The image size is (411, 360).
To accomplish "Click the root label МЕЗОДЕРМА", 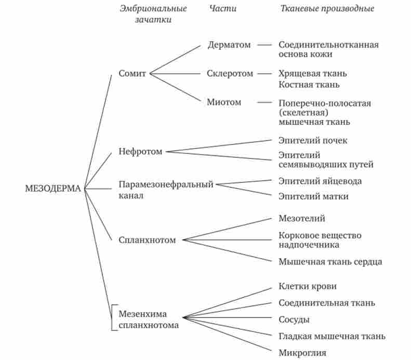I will pyautogui.click(x=53, y=189).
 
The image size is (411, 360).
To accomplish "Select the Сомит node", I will pyautogui.click(x=132, y=73).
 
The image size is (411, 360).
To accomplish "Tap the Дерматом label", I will pyautogui.click(x=229, y=45).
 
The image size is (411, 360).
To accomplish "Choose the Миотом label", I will pyautogui.click(x=224, y=102).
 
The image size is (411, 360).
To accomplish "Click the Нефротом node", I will pyautogui.click(x=140, y=152).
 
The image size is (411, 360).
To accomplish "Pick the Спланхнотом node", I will pyautogui.click(x=147, y=240).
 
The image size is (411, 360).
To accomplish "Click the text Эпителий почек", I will pyautogui.click(x=313, y=141).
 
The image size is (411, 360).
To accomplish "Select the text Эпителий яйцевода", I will pyautogui.click(x=320, y=181).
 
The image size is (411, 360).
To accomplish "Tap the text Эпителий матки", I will pyautogui.click(x=313, y=196).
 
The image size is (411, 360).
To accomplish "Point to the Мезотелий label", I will pyautogui.click(x=302, y=219).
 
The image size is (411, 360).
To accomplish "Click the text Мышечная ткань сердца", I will pyautogui.click(x=330, y=261).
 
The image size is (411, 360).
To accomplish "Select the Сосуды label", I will pyautogui.click(x=294, y=319).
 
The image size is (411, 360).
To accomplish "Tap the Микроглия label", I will pyautogui.click(x=302, y=353).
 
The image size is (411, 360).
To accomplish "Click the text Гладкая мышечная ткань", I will pyautogui.click(x=332, y=336).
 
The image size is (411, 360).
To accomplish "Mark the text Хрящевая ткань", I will pyautogui.click(x=312, y=73).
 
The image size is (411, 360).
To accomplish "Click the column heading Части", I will pyautogui.click(x=223, y=9).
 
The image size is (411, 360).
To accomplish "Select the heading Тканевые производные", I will pyautogui.click(x=327, y=9).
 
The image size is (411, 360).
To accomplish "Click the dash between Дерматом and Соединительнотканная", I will pyautogui.click(x=264, y=45).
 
